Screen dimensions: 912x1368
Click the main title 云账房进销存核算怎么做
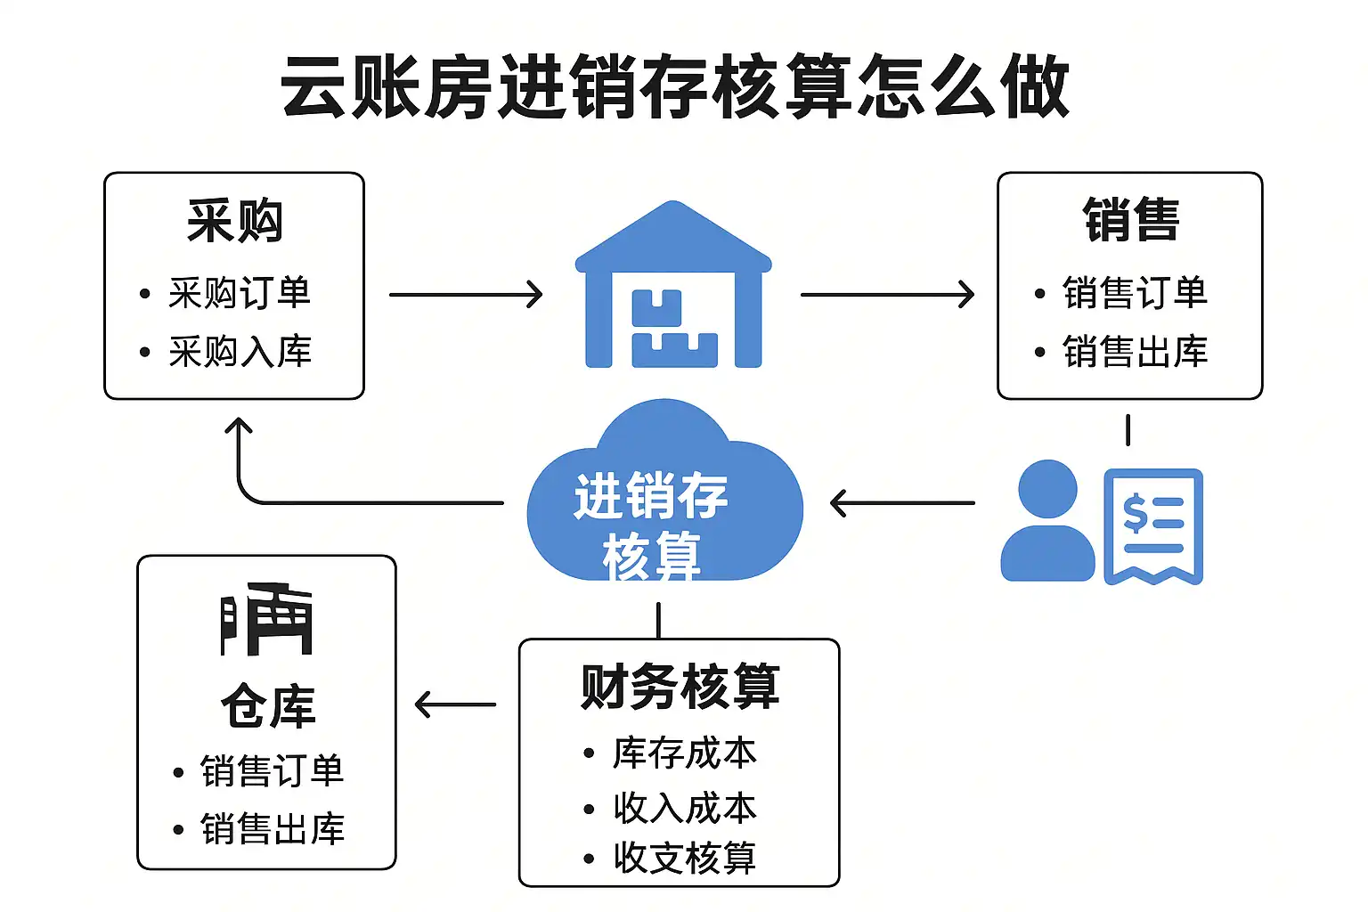pos(675,86)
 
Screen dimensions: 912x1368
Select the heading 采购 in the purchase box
pos(235,221)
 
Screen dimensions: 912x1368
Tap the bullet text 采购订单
pos(239,293)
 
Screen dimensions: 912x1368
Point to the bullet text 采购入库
pos(240,352)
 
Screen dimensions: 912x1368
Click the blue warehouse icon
pos(673,287)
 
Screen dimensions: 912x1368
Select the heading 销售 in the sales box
pos(1131,220)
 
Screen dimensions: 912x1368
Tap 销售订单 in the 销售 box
pos(1135,293)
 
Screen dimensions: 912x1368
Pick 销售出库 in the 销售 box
pos(1135,352)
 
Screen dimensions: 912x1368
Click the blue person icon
pos(1047,522)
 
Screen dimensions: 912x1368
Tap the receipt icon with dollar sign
pos(1153,525)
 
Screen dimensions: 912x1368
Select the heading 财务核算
pos(680,687)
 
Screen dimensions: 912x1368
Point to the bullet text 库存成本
pos(684,753)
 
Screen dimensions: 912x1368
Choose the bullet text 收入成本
pos(684,808)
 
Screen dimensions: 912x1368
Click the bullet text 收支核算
pos(684,858)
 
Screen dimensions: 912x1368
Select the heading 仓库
pos(267,706)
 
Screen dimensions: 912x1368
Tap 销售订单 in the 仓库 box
pos(272,771)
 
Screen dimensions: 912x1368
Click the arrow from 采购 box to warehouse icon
pos(466,295)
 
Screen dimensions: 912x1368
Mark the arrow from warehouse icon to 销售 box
pos(887,295)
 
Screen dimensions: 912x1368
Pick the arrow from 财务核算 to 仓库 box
pos(455,704)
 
